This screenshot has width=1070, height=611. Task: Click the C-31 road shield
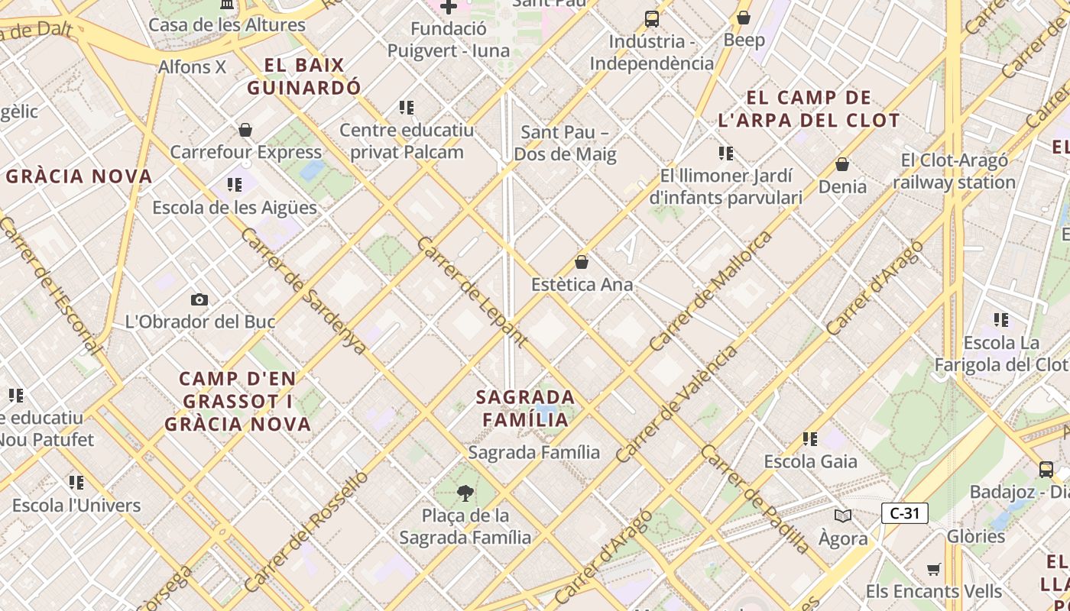coord(905,513)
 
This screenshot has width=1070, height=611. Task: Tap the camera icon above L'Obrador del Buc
coord(199,299)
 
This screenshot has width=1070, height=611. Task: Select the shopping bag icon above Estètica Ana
coord(582,262)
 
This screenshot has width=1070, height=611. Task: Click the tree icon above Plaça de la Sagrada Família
coord(464,493)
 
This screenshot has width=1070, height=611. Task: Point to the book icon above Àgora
coord(843,516)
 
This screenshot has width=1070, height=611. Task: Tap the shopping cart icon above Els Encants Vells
coord(933,569)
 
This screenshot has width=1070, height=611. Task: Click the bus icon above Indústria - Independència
coord(652,19)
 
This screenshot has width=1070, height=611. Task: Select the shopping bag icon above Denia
coord(842,164)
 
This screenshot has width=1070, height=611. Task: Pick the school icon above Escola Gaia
coord(810,439)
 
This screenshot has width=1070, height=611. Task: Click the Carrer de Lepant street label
coord(472,292)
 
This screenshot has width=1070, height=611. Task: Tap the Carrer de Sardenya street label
coord(303,290)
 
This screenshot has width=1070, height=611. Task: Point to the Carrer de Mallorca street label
coord(710,292)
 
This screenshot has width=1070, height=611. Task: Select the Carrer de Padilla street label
coord(754,499)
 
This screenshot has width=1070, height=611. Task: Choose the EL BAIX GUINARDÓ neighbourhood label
coord(304,76)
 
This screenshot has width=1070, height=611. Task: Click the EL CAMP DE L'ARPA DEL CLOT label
coord(809,109)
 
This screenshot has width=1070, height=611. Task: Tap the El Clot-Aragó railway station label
coord(954,172)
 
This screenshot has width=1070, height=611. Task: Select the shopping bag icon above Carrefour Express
coord(245,131)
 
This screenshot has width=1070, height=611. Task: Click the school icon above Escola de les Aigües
coord(235,185)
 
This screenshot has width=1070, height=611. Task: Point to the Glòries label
coord(976,536)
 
